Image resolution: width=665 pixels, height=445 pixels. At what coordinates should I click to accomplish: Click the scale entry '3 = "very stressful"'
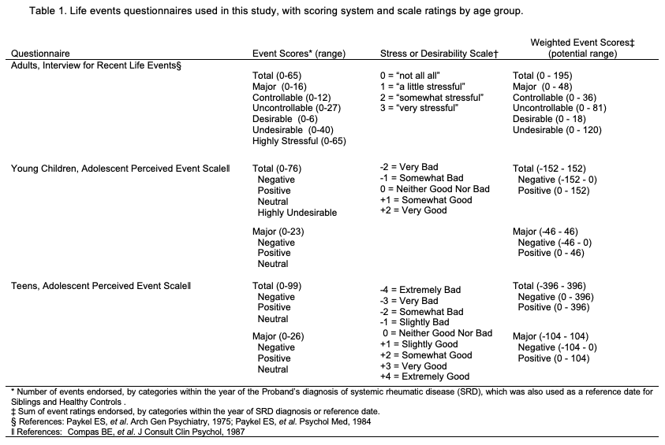[x=419, y=108]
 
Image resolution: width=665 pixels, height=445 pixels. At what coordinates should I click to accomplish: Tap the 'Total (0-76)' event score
[x=277, y=169]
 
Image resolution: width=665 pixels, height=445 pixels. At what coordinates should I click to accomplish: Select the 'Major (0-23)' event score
[x=278, y=232]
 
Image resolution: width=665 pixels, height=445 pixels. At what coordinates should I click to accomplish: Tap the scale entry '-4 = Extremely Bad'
[x=420, y=291]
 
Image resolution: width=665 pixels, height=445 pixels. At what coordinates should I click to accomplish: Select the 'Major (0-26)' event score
[x=278, y=336]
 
